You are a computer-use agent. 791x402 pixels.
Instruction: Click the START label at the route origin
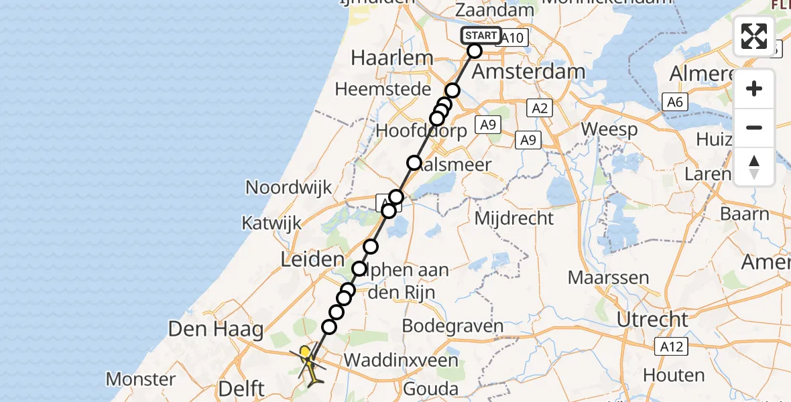pos(481,36)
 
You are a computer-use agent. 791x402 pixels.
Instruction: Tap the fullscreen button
pos(754,36)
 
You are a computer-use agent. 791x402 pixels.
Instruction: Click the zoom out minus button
pos(754,127)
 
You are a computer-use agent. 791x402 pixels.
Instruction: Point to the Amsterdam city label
pos(529,71)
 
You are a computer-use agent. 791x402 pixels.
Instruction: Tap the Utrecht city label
pos(652,320)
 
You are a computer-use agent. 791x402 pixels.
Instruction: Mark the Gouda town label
pos(431,389)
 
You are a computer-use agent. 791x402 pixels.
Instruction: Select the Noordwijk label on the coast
pos(289,187)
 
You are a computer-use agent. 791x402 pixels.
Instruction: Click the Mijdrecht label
pos(514,218)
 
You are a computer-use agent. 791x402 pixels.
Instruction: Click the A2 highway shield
pos(540,109)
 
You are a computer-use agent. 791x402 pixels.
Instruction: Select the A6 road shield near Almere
pos(674,101)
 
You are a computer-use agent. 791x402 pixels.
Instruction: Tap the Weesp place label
pos(609,129)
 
